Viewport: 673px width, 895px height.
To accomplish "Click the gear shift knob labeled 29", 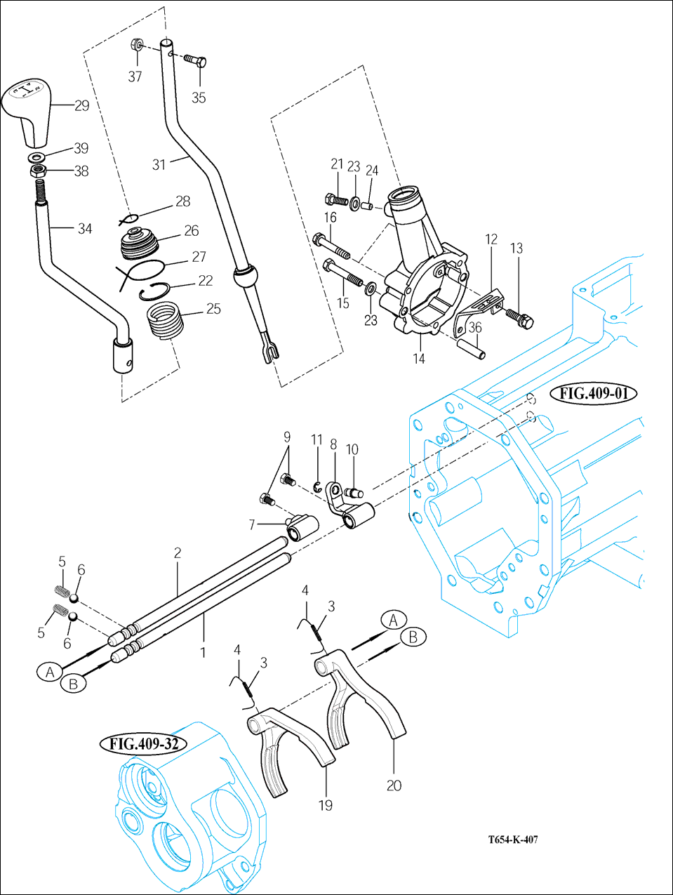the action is (27, 112).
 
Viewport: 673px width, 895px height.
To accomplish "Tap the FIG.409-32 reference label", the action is (143, 743).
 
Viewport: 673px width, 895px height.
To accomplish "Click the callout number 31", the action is (159, 165).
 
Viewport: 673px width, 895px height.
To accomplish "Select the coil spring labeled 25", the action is (165, 324).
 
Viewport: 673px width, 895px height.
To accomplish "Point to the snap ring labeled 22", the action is (153, 292).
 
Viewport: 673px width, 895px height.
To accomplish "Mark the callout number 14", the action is (419, 359).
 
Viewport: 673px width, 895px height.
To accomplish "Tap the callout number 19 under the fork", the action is (326, 805).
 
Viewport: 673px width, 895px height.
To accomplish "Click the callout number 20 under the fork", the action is (394, 785).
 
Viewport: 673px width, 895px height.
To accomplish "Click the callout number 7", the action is (251, 525).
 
